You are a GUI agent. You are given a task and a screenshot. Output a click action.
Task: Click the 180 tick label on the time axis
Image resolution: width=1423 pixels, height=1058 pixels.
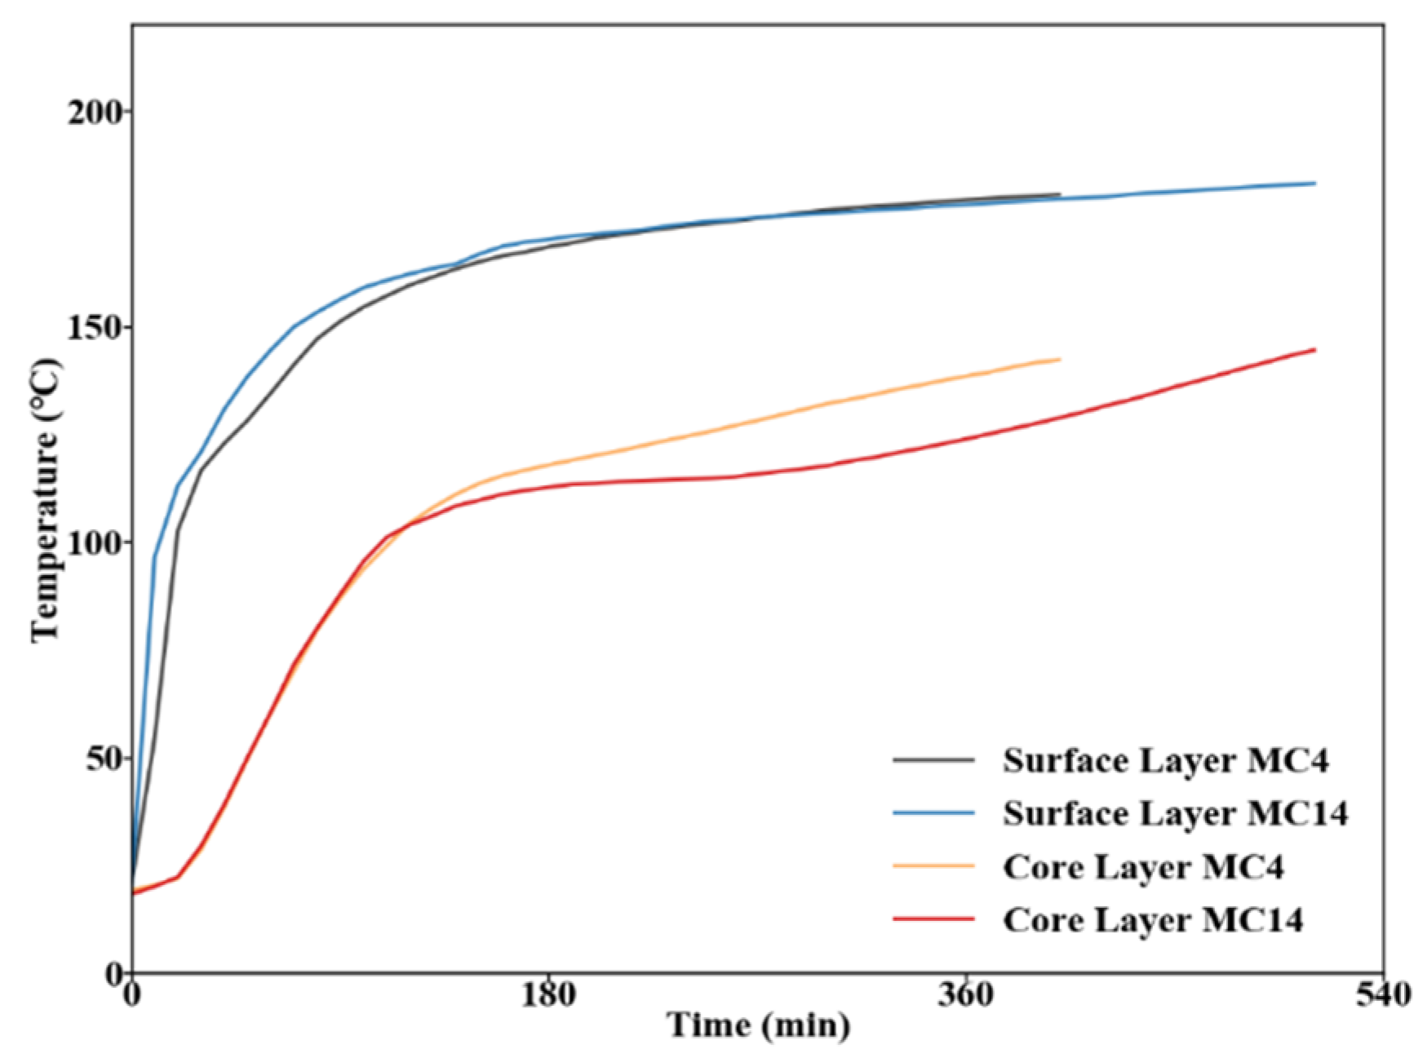pos(548,994)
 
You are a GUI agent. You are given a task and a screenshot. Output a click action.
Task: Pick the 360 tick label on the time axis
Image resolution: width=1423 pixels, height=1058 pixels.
pos(966,994)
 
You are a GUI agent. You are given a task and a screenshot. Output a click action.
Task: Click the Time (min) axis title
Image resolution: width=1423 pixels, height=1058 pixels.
pos(759,1025)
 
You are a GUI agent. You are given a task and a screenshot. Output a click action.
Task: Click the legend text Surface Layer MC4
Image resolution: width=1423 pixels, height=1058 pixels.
pos(1165,760)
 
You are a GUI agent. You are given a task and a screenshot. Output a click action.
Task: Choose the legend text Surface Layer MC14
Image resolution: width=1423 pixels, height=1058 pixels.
pos(1175,813)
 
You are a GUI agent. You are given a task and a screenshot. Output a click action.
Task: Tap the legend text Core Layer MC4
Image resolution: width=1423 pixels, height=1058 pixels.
pos(1143,866)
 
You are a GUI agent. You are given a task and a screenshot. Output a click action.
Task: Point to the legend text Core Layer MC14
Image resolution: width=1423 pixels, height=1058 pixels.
pos(1153,919)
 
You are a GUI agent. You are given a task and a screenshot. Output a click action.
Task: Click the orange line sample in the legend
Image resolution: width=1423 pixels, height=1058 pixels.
pos(933,865)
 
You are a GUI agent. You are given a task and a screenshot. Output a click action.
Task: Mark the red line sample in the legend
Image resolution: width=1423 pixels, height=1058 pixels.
pos(933,919)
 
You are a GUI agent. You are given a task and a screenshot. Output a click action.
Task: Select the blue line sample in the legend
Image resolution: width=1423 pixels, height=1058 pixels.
pos(933,812)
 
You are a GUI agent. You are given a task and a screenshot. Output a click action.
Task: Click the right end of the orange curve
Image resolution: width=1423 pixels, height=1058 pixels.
pos(1059,359)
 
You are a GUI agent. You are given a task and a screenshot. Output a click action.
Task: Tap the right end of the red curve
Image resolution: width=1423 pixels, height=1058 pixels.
pos(1314,349)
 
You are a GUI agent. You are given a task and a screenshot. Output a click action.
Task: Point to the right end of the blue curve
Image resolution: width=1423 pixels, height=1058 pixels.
pos(1314,183)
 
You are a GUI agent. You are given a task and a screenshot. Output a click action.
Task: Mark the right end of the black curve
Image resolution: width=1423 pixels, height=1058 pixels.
pos(1059,194)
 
